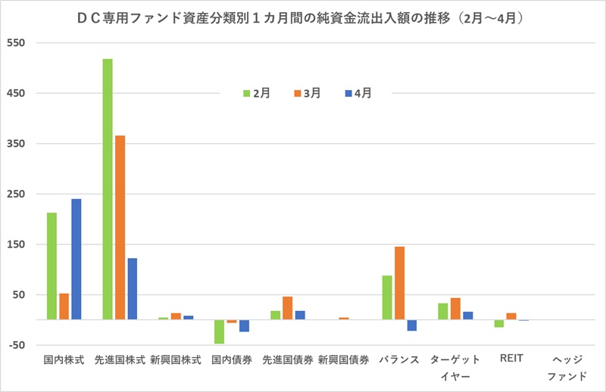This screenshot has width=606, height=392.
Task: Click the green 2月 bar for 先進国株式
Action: (x=108, y=189)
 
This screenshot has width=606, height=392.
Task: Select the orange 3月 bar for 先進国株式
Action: (x=120, y=227)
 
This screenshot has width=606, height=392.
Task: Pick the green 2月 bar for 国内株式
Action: (x=52, y=266)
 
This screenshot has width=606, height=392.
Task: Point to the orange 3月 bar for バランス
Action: (x=399, y=283)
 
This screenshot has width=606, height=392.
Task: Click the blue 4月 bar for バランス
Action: (x=412, y=325)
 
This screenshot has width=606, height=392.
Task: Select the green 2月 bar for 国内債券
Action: (x=219, y=331)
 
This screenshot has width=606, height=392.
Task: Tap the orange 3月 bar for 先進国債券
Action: (x=287, y=308)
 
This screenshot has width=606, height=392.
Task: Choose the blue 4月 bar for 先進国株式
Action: (x=133, y=289)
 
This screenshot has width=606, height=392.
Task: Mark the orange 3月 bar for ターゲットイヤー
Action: (x=455, y=309)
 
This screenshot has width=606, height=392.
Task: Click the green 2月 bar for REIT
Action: (x=498, y=324)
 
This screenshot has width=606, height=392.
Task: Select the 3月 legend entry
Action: (x=307, y=93)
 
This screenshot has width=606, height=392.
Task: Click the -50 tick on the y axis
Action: (x=17, y=345)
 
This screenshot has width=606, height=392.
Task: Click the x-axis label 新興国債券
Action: (x=343, y=360)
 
